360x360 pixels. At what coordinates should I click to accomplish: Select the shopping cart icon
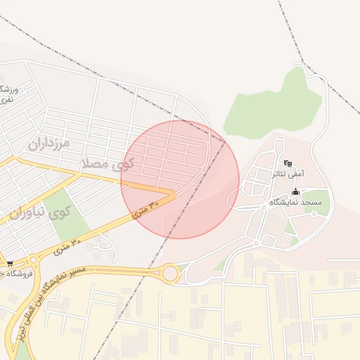point(8,264)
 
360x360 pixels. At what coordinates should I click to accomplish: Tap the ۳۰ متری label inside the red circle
point(146,208)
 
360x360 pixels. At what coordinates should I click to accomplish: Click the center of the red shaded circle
point(180,179)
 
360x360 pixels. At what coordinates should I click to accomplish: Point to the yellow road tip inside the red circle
point(172,192)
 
